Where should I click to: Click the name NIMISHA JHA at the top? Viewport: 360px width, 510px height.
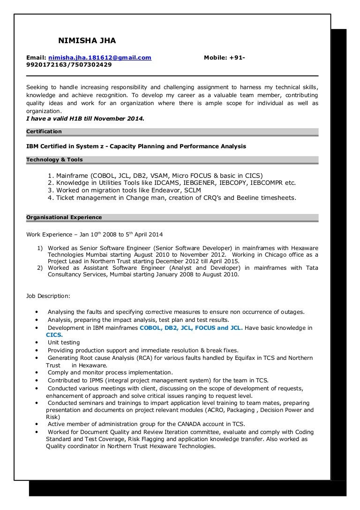[x=87, y=41]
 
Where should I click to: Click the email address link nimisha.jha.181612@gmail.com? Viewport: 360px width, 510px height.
[x=99, y=58]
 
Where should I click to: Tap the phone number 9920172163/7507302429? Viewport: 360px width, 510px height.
[x=69, y=65]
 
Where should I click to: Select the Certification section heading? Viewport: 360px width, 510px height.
[x=44, y=131]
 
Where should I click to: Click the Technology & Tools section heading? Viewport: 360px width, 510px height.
[x=54, y=160]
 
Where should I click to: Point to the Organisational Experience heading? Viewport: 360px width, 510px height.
[x=64, y=218]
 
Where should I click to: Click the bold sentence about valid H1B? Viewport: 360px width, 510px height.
[x=85, y=119]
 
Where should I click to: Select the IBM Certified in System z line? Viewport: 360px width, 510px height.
[x=136, y=146]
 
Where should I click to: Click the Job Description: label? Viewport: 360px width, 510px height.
[x=48, y=296]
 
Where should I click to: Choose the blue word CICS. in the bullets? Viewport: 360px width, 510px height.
[x=54, y=335]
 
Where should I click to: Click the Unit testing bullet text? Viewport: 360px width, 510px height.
[x=64, y=343]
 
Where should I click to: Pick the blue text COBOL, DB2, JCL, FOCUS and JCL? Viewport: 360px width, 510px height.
[x=191, y=328]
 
